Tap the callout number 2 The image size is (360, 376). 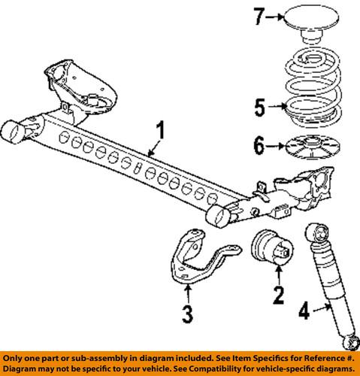tap(279, 296)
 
